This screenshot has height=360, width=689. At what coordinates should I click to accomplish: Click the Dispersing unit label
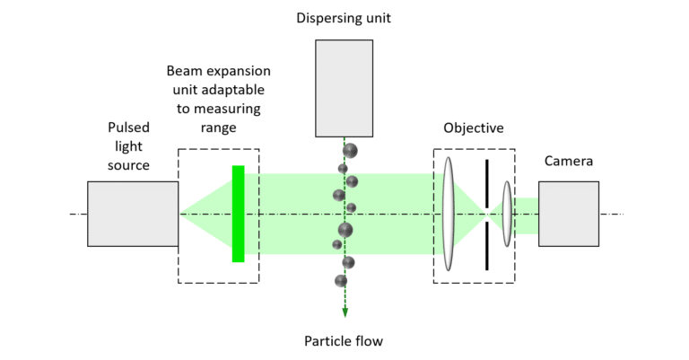click(x=344, y=16)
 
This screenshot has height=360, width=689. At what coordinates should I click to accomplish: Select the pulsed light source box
click(x=133, y=214)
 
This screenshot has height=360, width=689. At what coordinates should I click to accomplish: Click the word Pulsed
click(x=129, y=127)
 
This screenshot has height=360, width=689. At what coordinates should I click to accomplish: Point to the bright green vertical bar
click(x=238, y=214)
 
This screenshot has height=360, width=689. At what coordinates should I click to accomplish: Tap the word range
click(x=219, y=128)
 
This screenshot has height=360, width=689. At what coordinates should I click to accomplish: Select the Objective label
click(x=474, y=127)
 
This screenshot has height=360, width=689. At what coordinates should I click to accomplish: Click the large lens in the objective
click(x=449, y=214)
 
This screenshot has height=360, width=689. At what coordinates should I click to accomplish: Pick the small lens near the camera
click(x=507, y=214)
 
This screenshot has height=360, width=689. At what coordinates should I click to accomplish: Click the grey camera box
click(x=568, y=214)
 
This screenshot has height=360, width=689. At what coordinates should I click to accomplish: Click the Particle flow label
click(x=344, y=340)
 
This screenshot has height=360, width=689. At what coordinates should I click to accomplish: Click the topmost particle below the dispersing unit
click(x=350, y=150)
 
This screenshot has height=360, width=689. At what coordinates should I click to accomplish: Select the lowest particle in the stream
click(x=340, y=281)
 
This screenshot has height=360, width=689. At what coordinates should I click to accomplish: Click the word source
click(x=129, y=166)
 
